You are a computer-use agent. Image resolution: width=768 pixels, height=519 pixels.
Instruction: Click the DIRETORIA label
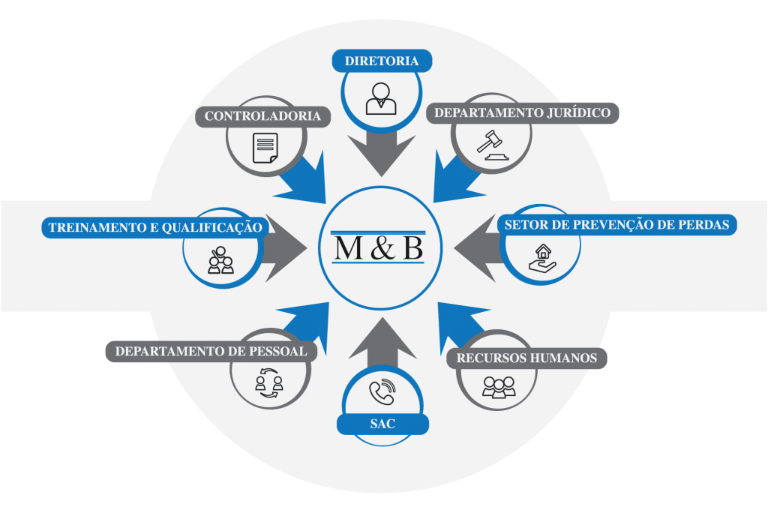(x=382, y=61)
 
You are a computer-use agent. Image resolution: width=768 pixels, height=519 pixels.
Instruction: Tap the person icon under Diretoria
(x=381, y=98)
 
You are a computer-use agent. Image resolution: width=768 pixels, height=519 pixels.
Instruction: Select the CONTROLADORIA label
(x=262, y=116)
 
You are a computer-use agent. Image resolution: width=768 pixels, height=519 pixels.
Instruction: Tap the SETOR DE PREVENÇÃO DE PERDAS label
(x=617, y=224)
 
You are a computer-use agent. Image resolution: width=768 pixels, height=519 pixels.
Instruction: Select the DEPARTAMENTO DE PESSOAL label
(x=211, y=351)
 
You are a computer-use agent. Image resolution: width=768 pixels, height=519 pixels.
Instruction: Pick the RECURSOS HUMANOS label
(x=526, y=358)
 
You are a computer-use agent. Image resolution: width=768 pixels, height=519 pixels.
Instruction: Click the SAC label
(x=382, y=424)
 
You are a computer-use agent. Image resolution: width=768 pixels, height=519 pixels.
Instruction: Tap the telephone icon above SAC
(x=382, y=391)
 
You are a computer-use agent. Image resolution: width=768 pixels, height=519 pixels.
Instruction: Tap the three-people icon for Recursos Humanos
(x=499, y=387)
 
